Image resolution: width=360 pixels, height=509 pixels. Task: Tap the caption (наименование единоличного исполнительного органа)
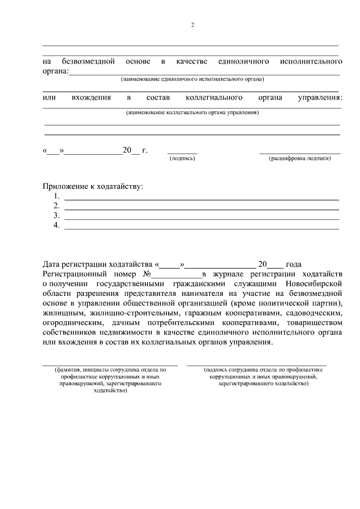tap(192, 79)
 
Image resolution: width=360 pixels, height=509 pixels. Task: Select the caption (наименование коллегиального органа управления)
tap(192, 112)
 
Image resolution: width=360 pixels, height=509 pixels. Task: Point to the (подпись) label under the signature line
tap(182, 159)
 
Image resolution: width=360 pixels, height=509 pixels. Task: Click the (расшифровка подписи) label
tap(300, 159)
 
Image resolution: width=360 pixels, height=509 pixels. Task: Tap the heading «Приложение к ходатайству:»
tap(93, 186)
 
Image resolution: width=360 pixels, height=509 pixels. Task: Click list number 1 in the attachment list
tap(57, 196)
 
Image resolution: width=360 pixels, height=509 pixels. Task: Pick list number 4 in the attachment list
tap(57, 225)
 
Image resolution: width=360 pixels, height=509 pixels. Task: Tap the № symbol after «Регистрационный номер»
tap(148, 274)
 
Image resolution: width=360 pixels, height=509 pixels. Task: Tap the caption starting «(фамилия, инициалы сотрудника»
tap(111, 380)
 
